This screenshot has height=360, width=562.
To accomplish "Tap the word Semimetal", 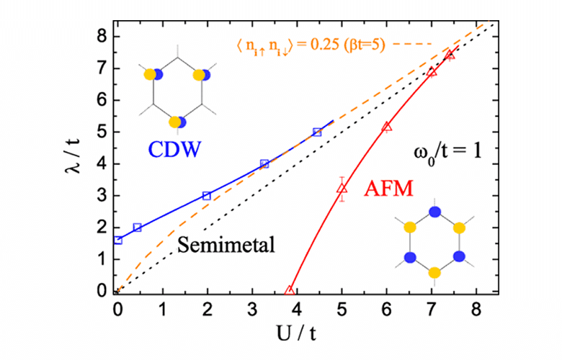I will point(227,244).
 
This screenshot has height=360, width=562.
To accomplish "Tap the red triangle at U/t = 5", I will point(342,188).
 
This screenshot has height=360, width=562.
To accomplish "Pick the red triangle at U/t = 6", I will point(387,127).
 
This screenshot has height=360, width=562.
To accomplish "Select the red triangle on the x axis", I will point(290,290).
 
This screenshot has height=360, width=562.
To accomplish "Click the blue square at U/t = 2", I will point(207,196).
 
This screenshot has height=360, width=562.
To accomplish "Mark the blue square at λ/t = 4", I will point(264,164).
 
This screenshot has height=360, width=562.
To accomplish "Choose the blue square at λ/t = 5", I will point(317,132).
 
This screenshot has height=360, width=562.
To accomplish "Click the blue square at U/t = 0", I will point(118,240).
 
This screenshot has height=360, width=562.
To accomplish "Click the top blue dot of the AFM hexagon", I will point(434,212).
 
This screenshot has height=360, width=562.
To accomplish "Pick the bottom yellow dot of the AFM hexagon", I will point(434,272).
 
